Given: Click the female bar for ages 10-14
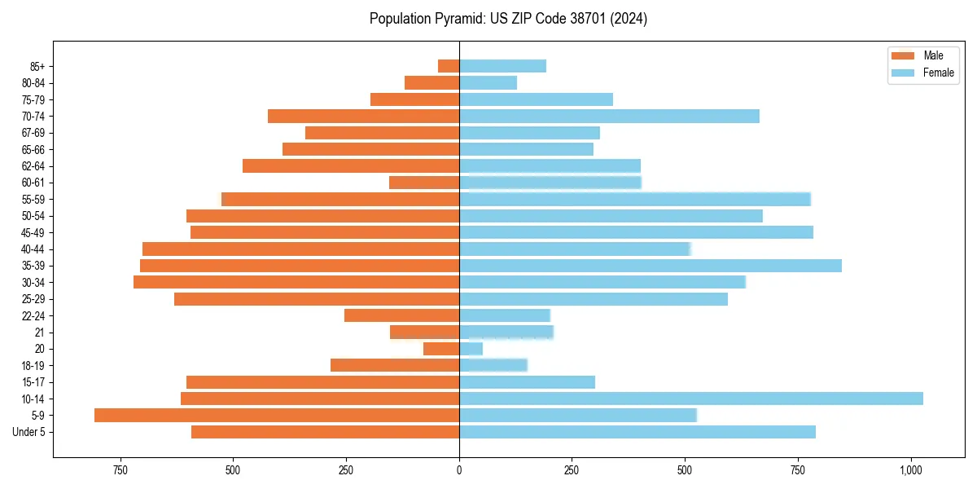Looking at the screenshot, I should (x=690, y=399).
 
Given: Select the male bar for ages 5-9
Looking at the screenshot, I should (x=277, y=415).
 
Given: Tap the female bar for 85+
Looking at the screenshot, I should (x=502, y=66).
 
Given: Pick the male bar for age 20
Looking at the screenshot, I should (x=441, y=349).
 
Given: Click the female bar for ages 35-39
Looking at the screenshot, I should (x=650, y=266).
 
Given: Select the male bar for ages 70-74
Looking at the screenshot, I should (x=363, y=116).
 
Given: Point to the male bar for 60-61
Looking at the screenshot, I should (x=424, y=183).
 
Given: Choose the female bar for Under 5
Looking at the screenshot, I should (x=637, y=432).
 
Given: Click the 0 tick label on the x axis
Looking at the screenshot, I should (x=459, y=470).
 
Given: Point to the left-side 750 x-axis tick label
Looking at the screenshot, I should (x=120, y=470).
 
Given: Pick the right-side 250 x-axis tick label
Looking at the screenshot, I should (x=572, y=470).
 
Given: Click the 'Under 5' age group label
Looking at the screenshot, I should (x=29, y=432).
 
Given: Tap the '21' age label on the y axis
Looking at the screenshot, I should (x=40, y=333).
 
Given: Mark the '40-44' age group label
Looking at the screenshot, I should (x=33, y=249).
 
